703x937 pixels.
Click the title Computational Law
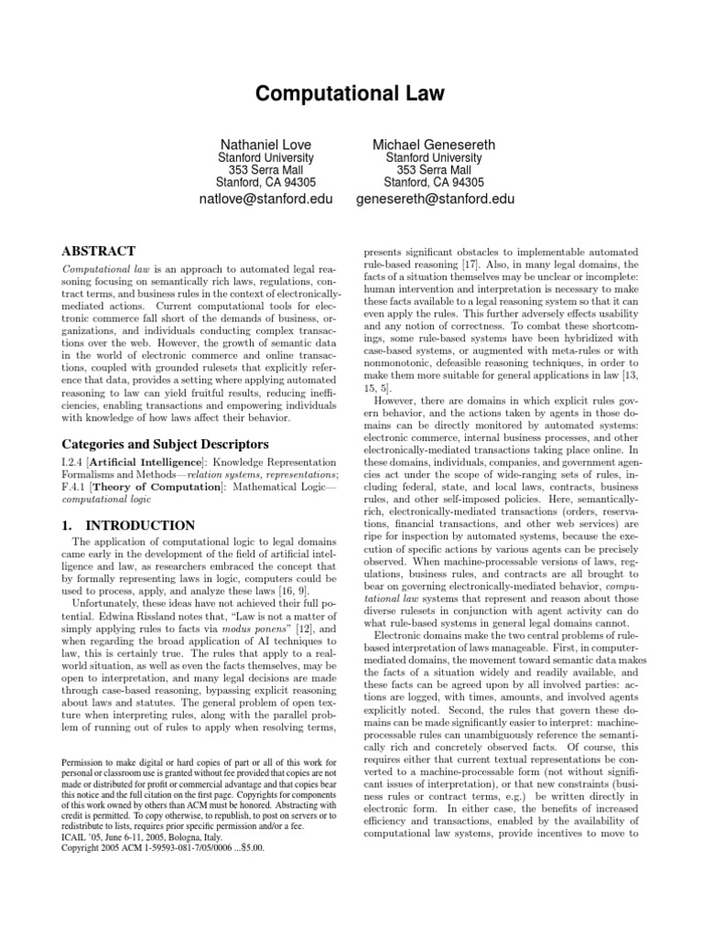pyautogui.click(x=351, y=92)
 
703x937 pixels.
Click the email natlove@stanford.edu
pyautogui.click(x=266, y=198)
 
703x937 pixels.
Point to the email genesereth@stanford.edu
pyautogui.click(x=434, y=198)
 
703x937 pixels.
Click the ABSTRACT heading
pyautogui.click(x=98, y=251)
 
